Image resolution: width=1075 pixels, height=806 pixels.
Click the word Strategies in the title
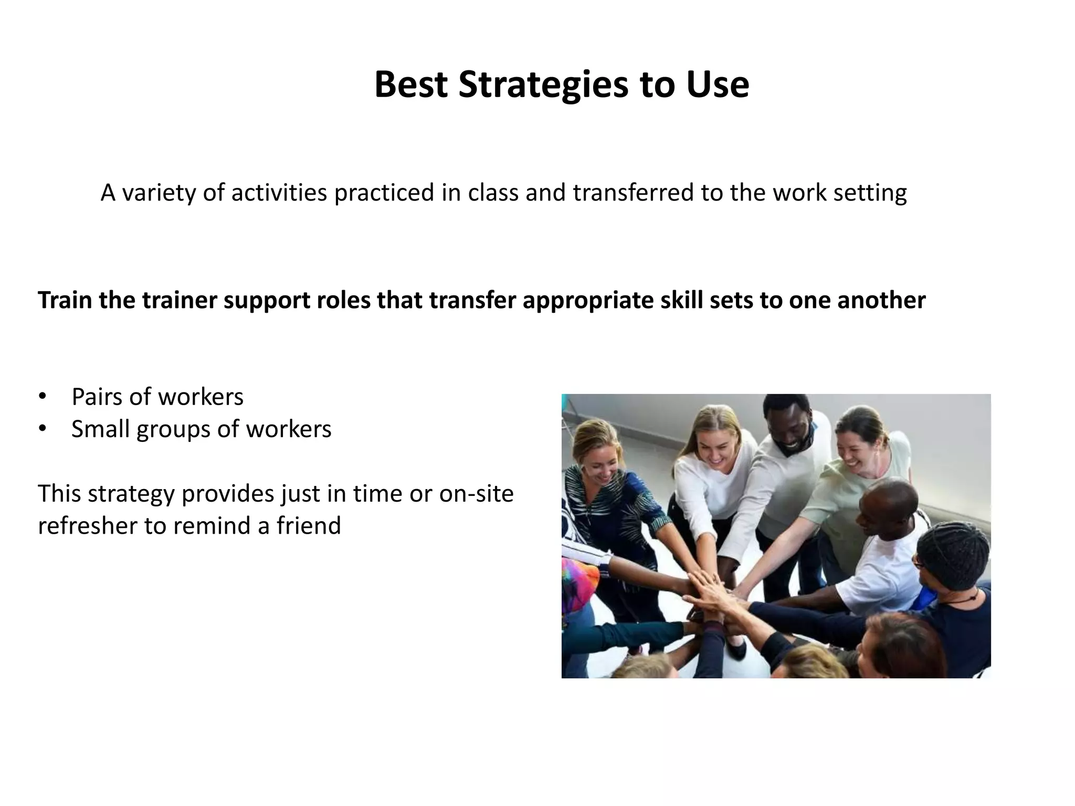(x=543, y=85)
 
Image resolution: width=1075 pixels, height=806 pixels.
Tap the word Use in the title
(x=718, y=85)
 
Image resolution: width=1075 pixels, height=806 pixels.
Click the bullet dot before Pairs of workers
(x=42, y=397)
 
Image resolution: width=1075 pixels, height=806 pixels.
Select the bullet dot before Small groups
(x=42, y=429)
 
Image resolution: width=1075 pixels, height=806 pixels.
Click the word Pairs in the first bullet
(x=97, y=397)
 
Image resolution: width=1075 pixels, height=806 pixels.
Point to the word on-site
(x=476, y=493)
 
